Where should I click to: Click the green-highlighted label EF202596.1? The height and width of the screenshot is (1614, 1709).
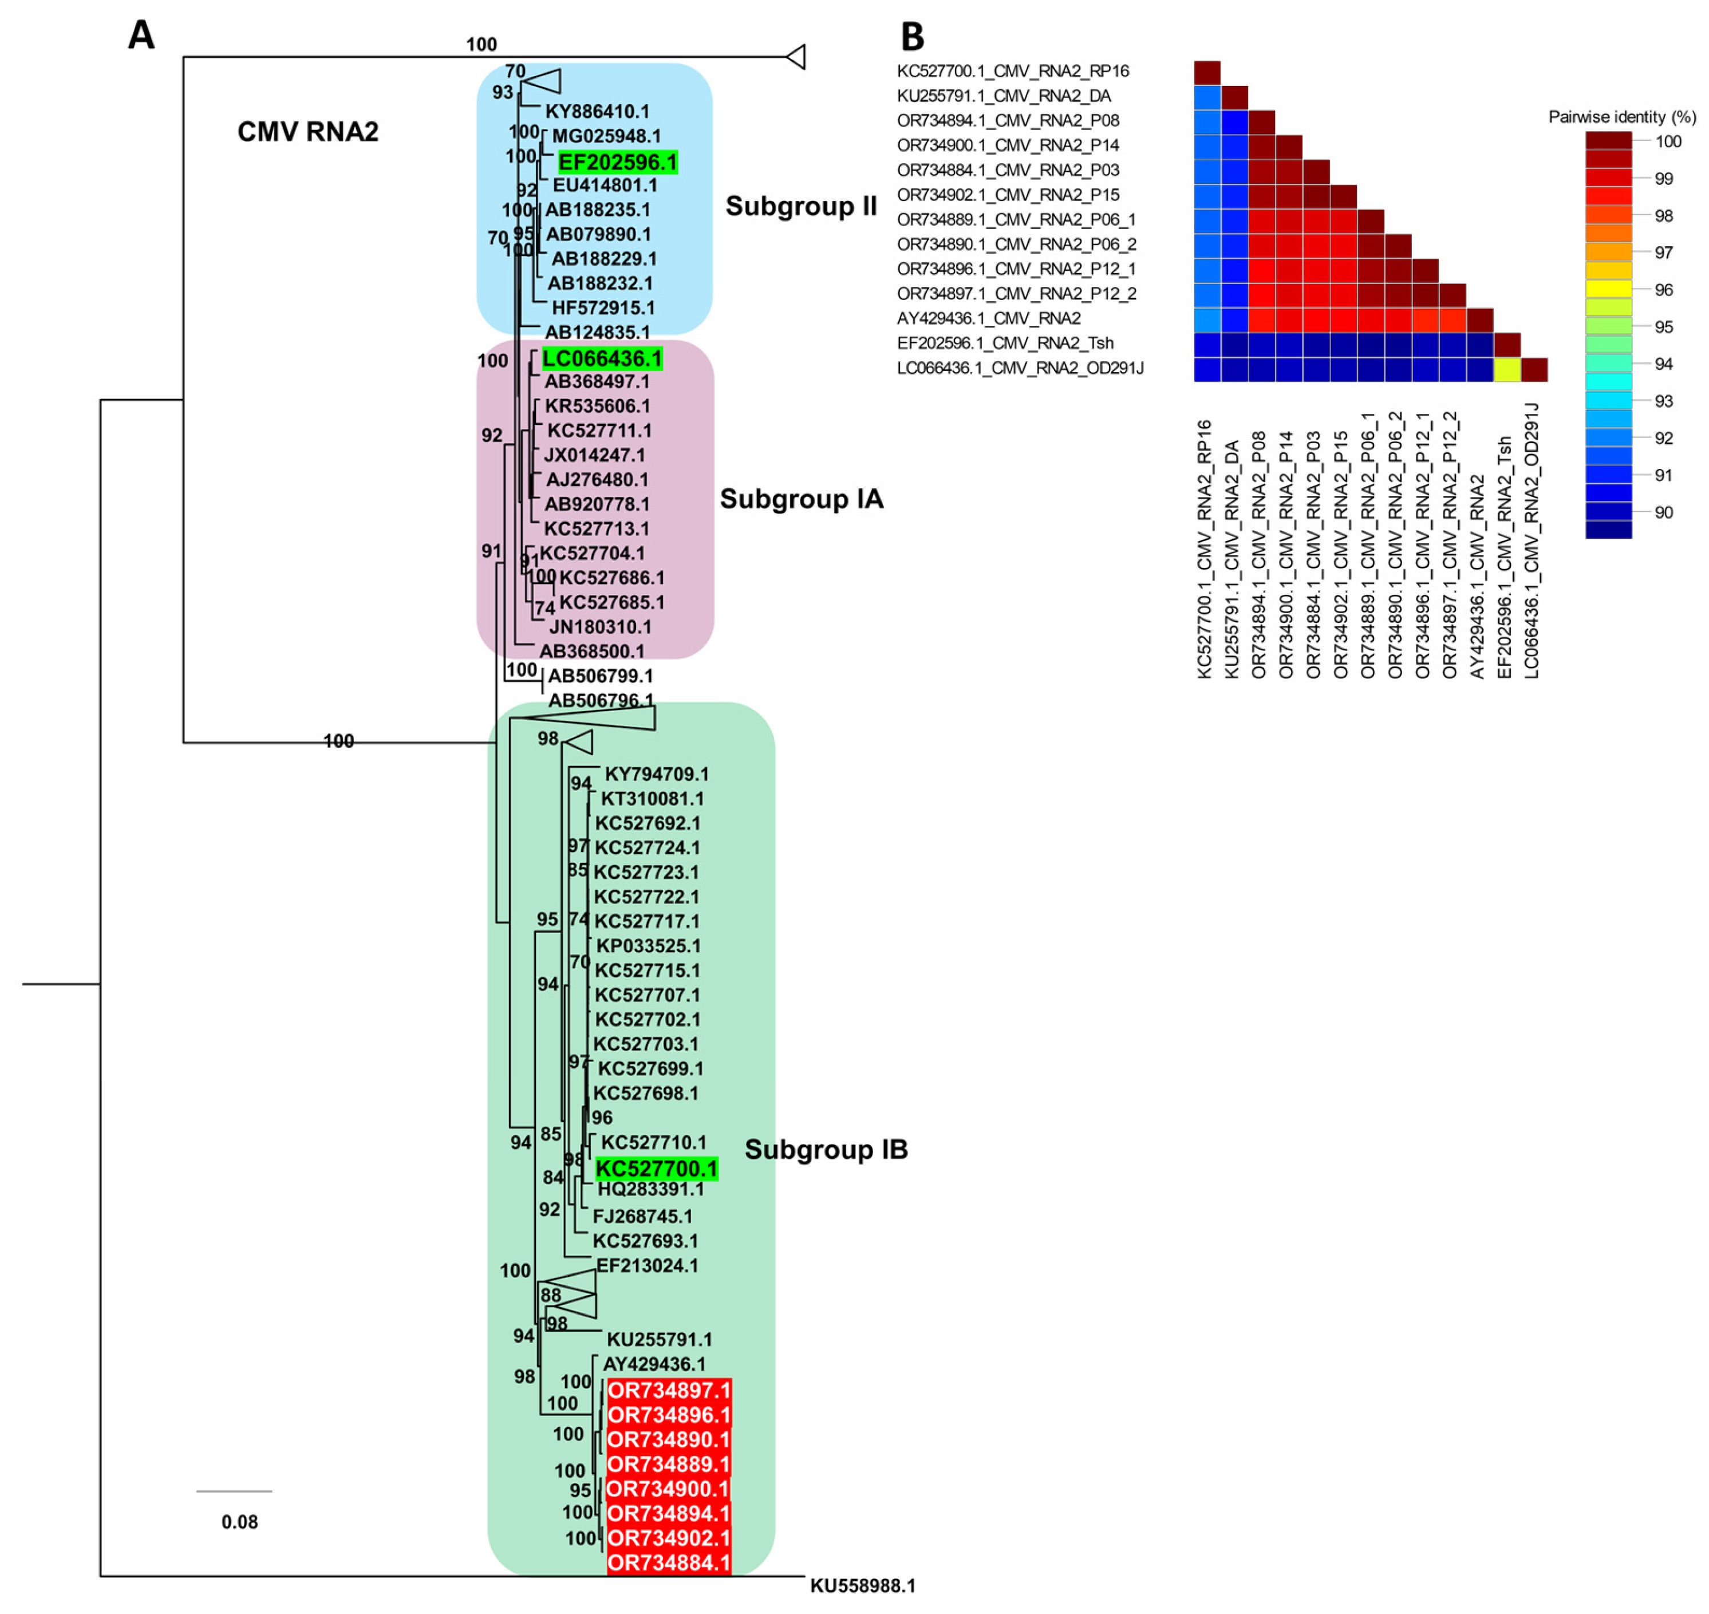click(617, 162)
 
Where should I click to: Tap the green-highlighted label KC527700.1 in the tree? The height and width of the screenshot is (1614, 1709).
click(656, 1169)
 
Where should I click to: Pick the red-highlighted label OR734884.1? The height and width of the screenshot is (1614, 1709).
click(669, 1562)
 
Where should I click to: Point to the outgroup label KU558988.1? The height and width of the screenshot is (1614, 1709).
click(862, 1585)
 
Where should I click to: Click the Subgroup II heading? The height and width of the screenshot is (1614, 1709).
click(800, 207)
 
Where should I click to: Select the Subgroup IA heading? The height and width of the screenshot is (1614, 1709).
click(801, 499)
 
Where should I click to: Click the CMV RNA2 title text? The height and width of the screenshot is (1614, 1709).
click(307, 132)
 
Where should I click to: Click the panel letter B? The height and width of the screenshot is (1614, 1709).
click(911, 37)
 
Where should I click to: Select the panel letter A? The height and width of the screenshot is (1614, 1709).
click(141, 35)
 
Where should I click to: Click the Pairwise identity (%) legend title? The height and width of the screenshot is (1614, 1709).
click(1621, 117)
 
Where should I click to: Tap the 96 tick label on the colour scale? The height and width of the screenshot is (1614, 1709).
click(1663, 290)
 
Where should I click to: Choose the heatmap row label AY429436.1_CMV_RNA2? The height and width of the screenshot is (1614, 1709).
click(988, 318)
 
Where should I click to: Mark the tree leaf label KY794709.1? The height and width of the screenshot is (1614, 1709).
click(656, 774)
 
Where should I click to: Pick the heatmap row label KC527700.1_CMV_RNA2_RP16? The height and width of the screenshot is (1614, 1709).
click(1012, 72)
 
